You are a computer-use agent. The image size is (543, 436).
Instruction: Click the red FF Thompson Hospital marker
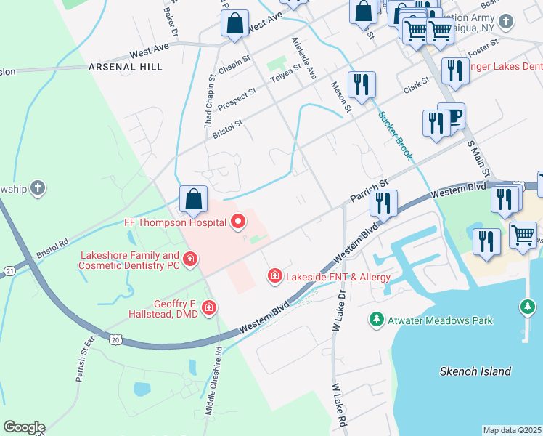click(237, 223)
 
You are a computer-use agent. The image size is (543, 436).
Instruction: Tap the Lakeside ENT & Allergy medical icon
click(275, 275)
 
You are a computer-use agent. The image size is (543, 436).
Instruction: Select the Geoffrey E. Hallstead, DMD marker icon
click(209, 308)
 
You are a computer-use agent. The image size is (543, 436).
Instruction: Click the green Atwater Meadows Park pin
click(376, 320)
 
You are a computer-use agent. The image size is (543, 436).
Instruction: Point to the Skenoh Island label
click(475, 371)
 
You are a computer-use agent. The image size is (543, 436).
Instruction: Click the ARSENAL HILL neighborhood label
click(125, 66)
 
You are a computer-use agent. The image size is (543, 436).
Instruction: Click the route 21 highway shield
click(9, 270)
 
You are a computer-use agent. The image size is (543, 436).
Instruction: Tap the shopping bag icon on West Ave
click(236, 24)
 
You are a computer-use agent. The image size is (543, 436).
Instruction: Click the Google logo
click(24, 427)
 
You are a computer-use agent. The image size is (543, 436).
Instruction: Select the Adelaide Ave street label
click(304, 59)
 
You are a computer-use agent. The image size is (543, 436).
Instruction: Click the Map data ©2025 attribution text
click(512, 430)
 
